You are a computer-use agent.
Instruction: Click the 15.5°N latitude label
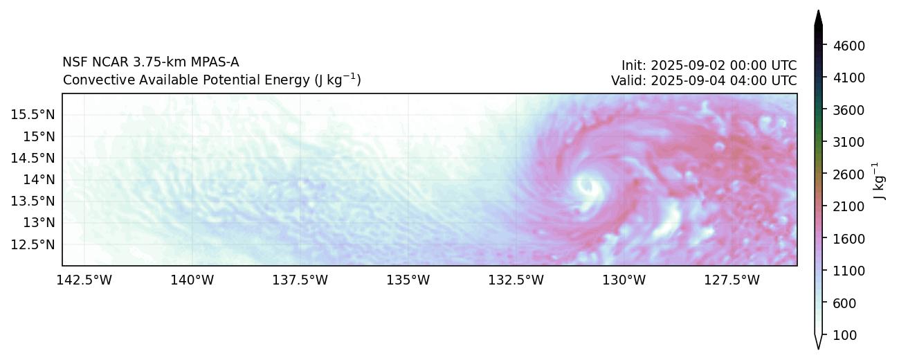[x=33, y=114]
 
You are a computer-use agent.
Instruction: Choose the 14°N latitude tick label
[x=39, y=179]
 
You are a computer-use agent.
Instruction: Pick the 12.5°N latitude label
[x=33, y=244]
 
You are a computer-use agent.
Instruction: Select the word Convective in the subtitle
[x=91, y=80]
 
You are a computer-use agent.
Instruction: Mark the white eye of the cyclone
[x=588, y=186]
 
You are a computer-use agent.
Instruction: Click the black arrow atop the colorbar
[x=818, y=19]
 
